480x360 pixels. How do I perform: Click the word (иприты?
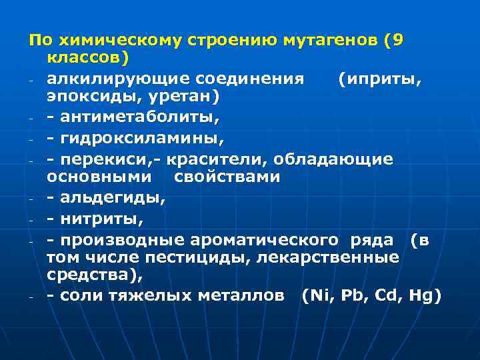point(379,79)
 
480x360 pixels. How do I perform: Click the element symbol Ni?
point(317,295)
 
